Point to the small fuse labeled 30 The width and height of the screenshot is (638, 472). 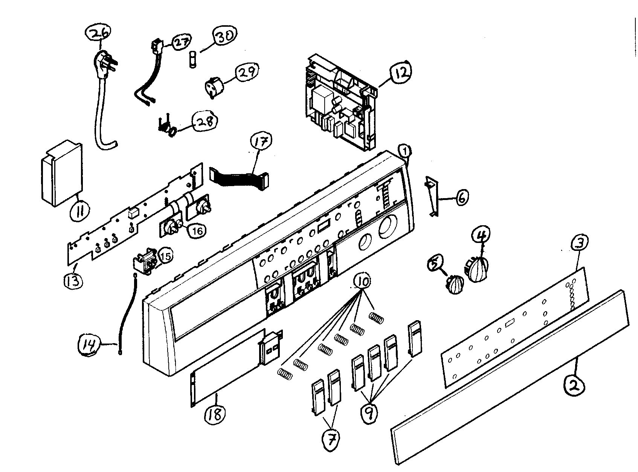coord(192,60)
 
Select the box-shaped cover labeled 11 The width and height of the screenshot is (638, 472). coord(61,174)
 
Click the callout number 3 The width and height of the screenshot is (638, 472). coord(578,244)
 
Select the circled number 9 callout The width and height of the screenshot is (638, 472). coord(369,414)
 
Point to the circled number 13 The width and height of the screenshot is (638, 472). coord(73,280)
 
